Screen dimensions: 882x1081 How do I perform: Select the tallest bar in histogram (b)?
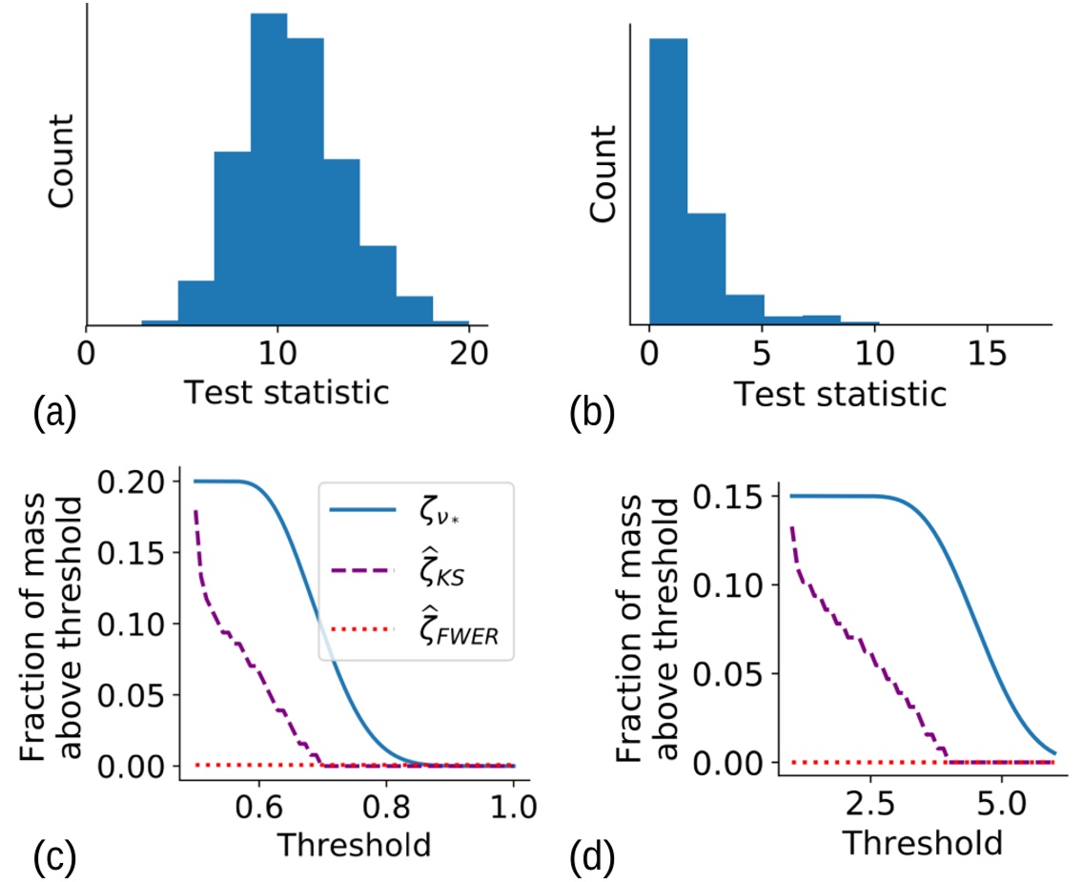(x=667, y=181)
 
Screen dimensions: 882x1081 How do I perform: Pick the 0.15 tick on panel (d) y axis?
(x=732, y=497)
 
